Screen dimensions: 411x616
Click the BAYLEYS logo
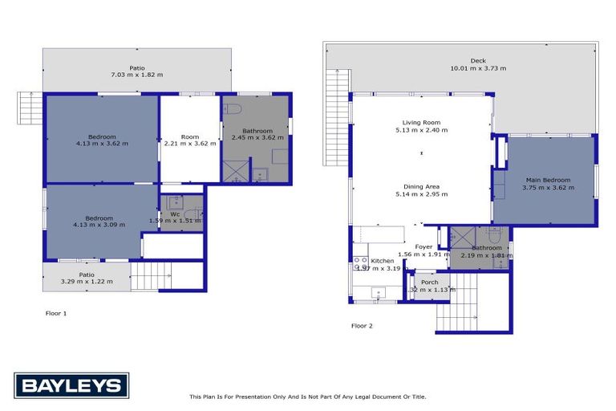[x=71, y=385]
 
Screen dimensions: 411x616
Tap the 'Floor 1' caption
[x=55, y=313]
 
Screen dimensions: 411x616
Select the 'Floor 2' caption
[x=362, y=326]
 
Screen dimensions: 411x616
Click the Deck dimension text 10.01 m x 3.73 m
[x=478, y=68]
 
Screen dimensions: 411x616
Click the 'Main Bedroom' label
[x=548, y=180]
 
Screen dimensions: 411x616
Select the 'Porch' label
[x=430, y=282]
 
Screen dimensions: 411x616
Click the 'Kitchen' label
[x=382, y=261]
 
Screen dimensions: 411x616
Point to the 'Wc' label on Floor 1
[x=174, y=214]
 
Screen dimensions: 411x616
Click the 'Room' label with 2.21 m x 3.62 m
[x=189, y=136]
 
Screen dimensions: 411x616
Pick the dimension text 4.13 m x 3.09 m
[x=99, y=226]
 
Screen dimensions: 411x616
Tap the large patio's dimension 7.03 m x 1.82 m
[x=136, y=75]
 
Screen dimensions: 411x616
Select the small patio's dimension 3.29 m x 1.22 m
[x=87, y=281]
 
